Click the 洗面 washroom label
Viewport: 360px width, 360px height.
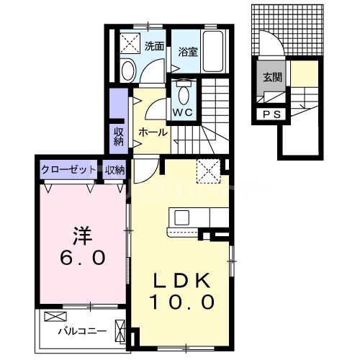click(153, 47)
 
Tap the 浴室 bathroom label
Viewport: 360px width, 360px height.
click(189, 52)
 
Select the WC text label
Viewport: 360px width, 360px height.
click(181, 112)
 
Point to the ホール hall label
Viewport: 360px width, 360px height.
click(153, 132)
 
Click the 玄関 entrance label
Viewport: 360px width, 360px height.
click(271, 78)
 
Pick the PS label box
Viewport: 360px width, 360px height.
click(271, 113)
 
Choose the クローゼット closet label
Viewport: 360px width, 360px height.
click(68, 170)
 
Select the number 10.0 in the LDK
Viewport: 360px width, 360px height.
click(182, 302)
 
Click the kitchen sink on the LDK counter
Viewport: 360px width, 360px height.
click(179, 217)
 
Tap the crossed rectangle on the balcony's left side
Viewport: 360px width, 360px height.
click(55, 316)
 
